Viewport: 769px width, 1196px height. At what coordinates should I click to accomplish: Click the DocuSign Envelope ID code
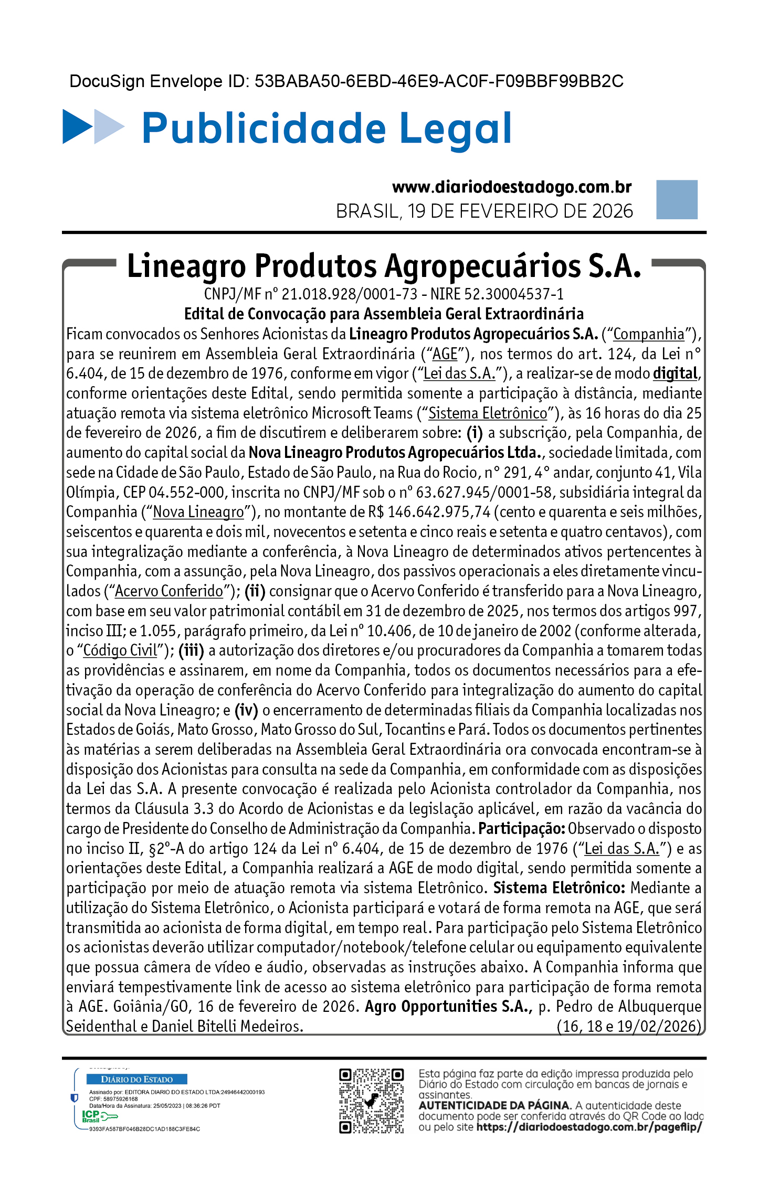click(439, 81)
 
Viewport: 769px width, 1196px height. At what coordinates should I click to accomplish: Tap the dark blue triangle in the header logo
click(76, 126)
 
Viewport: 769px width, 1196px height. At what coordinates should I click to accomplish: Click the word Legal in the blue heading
click(455, 129)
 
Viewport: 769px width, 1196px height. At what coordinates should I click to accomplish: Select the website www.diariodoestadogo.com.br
click(511, 187)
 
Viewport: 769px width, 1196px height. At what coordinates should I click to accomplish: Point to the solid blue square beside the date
click(676, 199)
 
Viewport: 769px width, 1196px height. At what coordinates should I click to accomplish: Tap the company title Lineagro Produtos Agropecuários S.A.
click(384, 266)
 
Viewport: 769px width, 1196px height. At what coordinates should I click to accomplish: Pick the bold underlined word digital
click(675, 373)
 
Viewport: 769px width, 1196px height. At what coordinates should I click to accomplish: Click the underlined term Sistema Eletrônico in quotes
click(488, 413)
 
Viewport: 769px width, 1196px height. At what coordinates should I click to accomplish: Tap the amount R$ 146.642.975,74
click(429, 512)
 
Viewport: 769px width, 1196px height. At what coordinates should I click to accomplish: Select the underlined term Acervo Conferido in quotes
click(169, 591)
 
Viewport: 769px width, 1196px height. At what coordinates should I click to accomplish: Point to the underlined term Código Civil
click(120, 650)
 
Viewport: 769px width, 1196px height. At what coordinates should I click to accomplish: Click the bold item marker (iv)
click(246, 710)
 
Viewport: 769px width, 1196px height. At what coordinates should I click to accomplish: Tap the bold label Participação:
click(521, 829)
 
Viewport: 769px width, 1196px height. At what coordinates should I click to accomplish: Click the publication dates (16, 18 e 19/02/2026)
click(629, 1026)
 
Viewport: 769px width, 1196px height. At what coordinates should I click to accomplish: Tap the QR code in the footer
click(371, 1101)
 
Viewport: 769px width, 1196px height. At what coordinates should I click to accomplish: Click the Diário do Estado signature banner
click(136, 1079)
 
